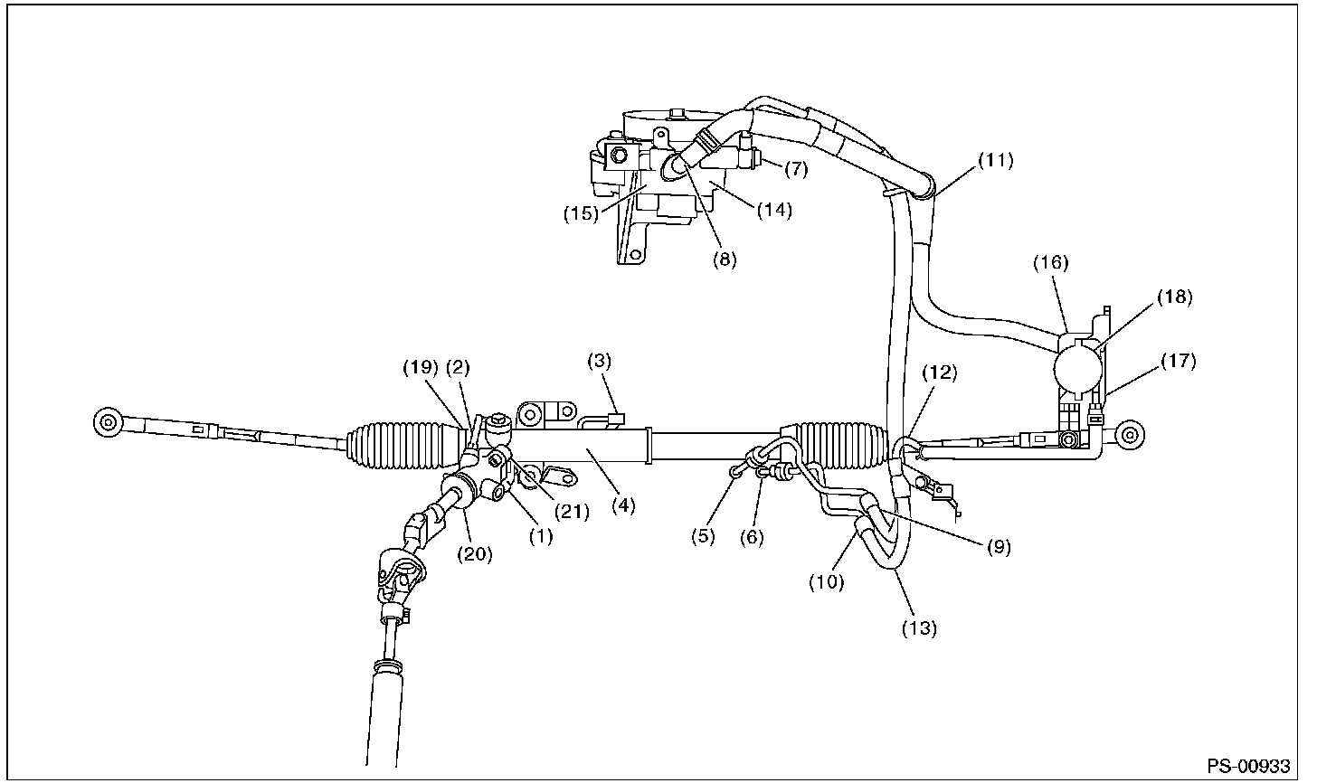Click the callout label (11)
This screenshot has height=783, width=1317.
coord(996,161)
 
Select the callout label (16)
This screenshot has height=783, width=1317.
coord(1051,263)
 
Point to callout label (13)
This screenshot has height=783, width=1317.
coord(918,627)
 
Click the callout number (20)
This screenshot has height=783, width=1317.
coord(474,555)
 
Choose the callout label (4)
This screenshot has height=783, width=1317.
coord(621,506)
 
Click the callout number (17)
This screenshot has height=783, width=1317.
coord(1178,362)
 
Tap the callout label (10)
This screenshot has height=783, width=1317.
coord(826,581)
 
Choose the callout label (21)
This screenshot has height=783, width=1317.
coord(571,512)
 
